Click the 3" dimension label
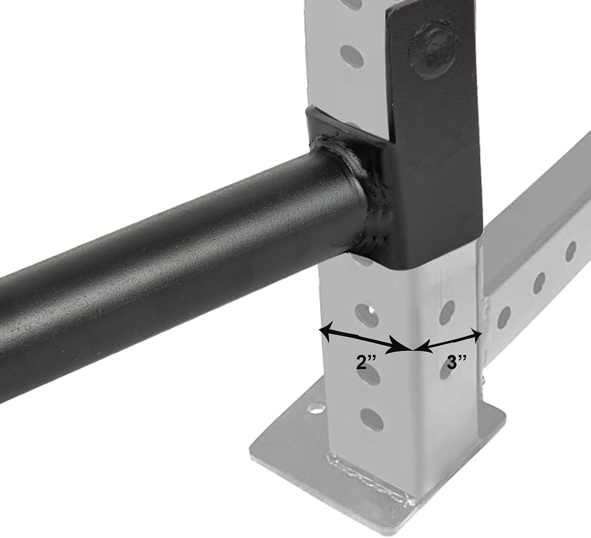[457, 362]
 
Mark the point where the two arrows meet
[412, 349]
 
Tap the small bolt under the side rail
[483, 380]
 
